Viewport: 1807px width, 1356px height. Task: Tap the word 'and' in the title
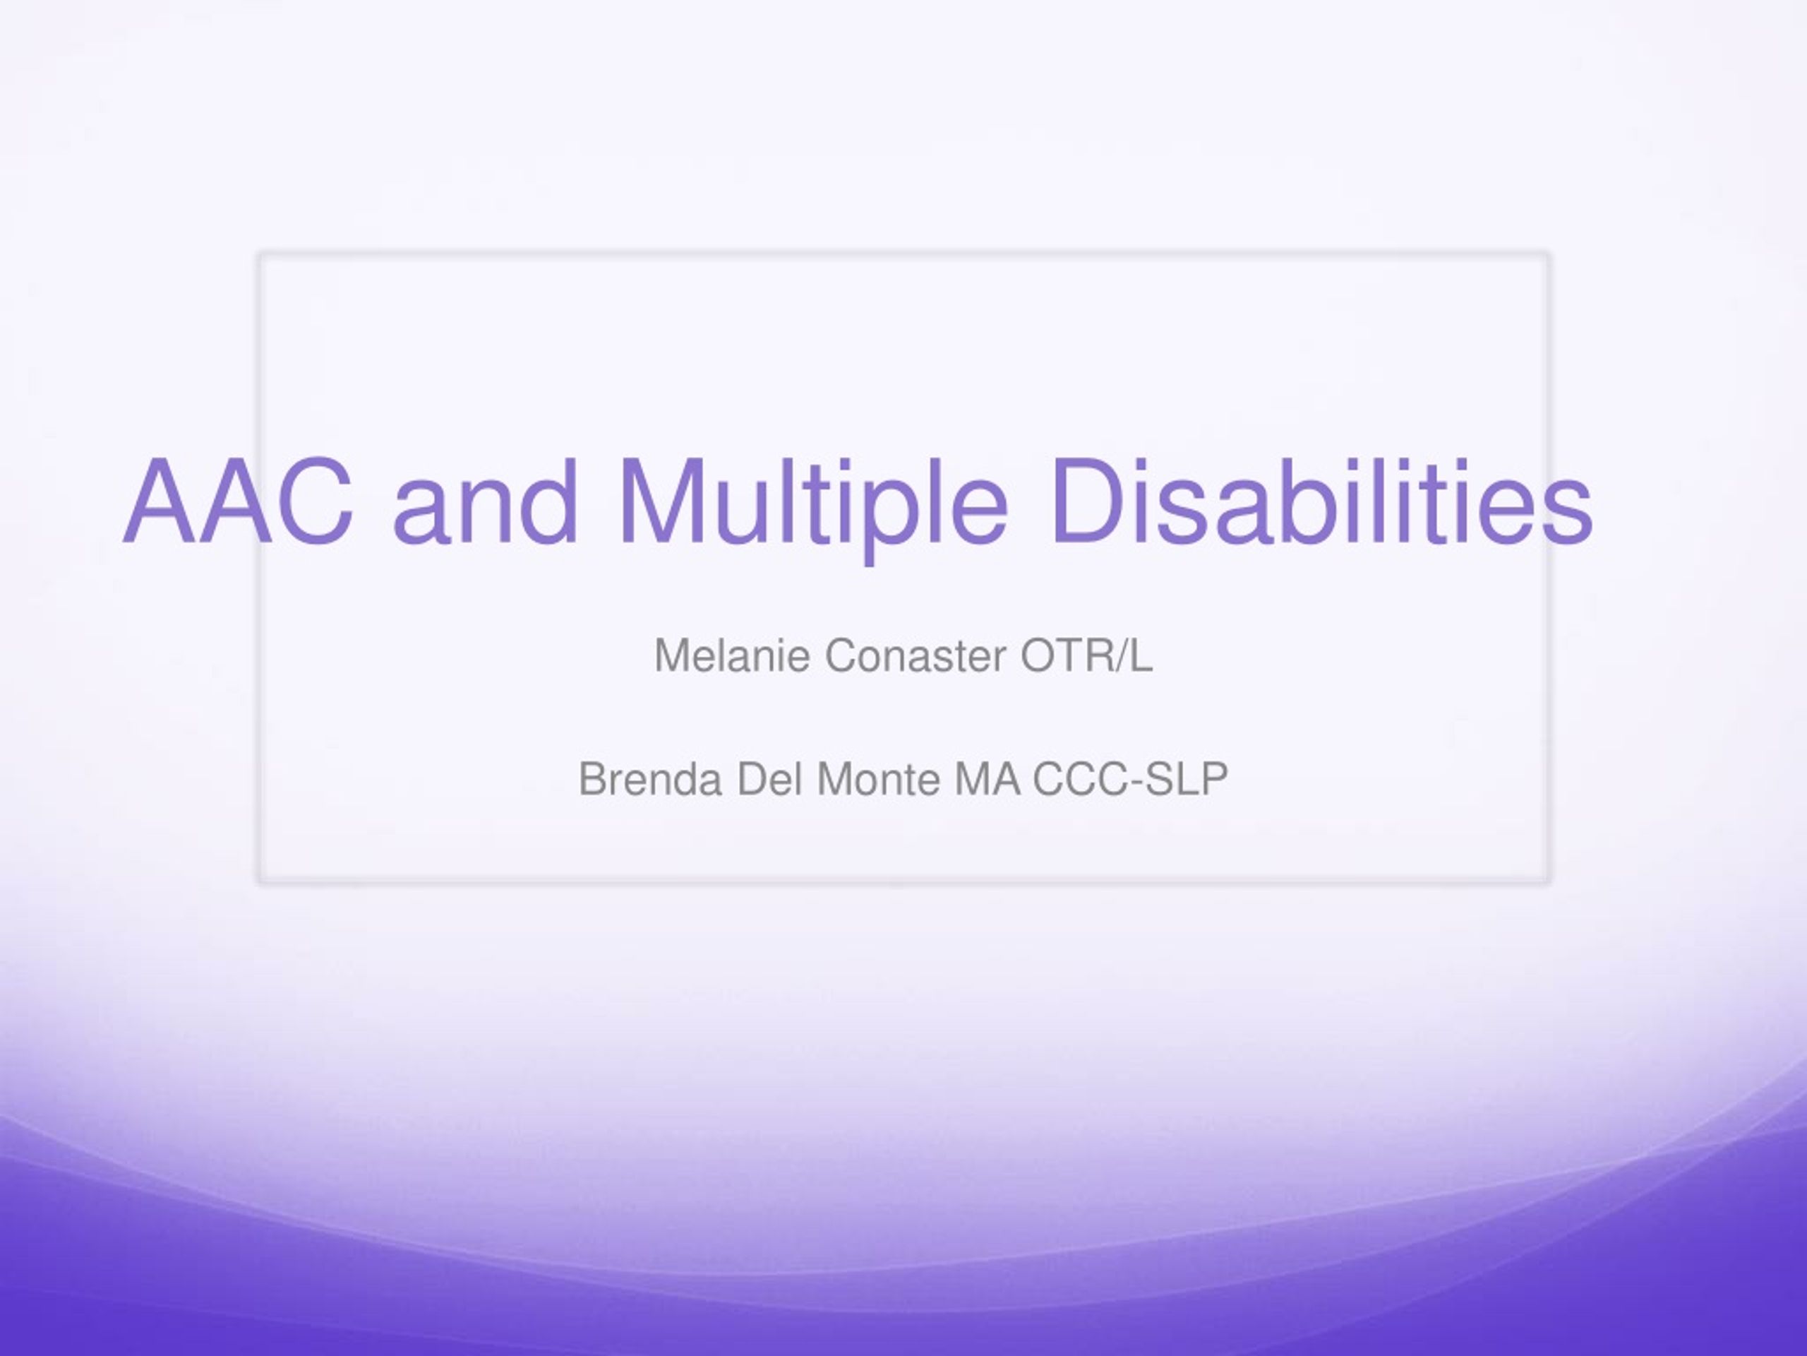(x=485, y=500)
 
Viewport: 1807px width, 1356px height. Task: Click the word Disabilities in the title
(x=1323, y=500)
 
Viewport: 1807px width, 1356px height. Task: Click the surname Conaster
(x=915, y=655)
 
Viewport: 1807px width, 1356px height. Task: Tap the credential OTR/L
(x=1086, y=655)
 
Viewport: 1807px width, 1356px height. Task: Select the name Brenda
(x=650, y=779)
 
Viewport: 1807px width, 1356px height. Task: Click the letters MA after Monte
(x=987, y=779)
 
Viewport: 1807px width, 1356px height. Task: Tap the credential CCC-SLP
(x=1131, y=779)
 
